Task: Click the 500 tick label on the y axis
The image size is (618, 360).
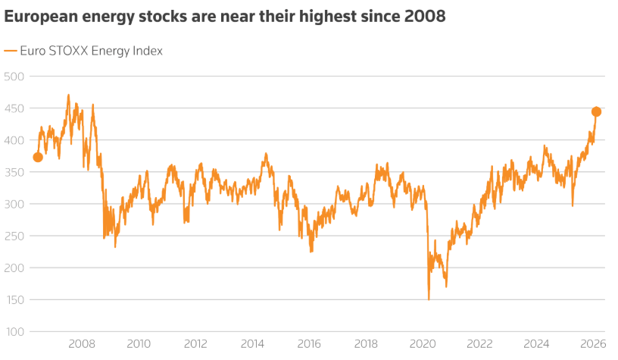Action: pos(15,77)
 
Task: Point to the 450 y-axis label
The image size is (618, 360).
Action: pos(15,108)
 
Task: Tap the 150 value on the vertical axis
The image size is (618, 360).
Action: pos(15,300)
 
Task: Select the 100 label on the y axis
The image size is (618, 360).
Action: pos(15,332)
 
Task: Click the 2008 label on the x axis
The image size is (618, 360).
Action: pos(82,343)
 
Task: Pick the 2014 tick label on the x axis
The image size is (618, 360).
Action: pos(252,343)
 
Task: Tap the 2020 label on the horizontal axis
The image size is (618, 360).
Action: pos(423,343)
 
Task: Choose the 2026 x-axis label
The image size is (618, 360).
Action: pos(593,343)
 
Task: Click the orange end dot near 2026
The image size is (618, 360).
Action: pos(596,111)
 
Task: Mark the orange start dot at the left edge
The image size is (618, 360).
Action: pos(38,157)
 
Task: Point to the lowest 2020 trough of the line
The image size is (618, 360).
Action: pos(429,299)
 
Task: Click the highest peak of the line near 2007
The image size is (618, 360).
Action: pos(68,95)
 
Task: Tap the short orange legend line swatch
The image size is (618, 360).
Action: pos(10,51)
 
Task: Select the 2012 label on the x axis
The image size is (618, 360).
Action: pos(195,343)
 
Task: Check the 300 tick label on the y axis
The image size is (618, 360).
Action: pos(15,205)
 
